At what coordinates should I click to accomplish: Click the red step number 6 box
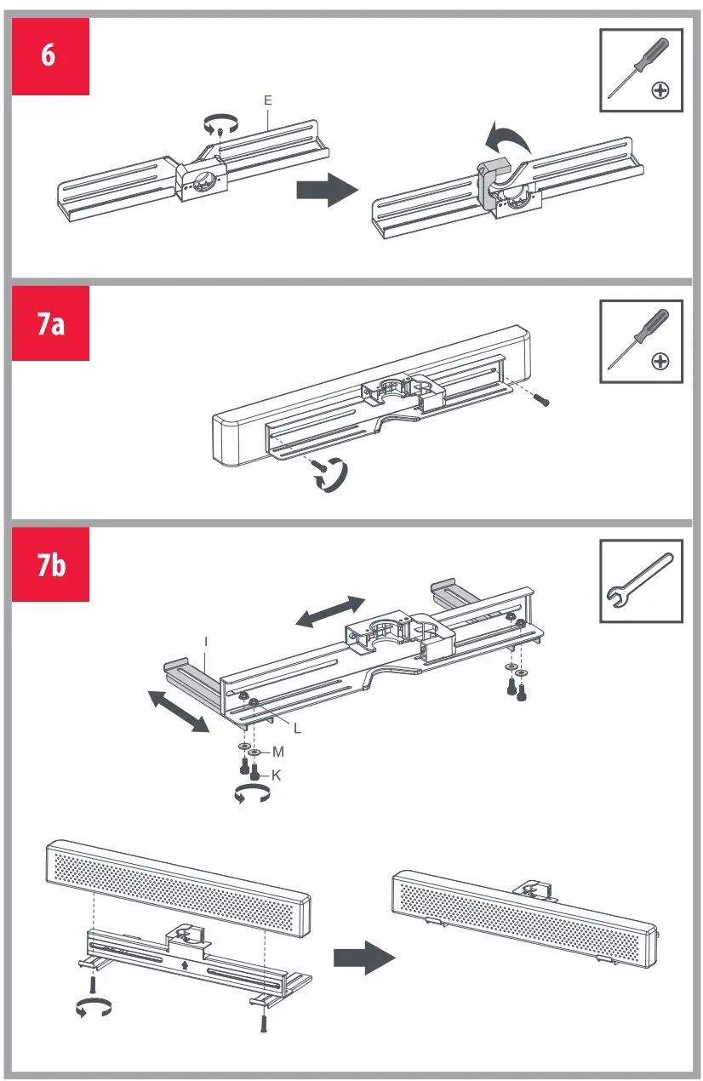[x=49, y=56]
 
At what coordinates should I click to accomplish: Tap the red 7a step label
[x=50, y=323]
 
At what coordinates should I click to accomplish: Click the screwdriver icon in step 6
[x=641, y=70]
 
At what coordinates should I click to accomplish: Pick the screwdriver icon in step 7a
[x=641, y=340]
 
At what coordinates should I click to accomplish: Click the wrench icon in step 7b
[x=641, y=581]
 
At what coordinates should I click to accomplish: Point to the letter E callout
[x=267, y=100]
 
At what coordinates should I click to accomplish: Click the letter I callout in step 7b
[x=206, y=639]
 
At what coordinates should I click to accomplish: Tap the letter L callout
[x=297, y=729]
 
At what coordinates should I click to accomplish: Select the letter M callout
[x=277, y=752]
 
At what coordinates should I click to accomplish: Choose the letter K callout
[x=276, y=775]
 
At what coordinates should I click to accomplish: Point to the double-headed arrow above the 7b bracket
[x=330, y=612]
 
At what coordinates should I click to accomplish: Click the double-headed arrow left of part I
[x=178, y=712]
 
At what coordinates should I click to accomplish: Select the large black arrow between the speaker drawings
[x=364, y=958]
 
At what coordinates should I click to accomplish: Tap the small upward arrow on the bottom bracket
[x=186, y=965]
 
